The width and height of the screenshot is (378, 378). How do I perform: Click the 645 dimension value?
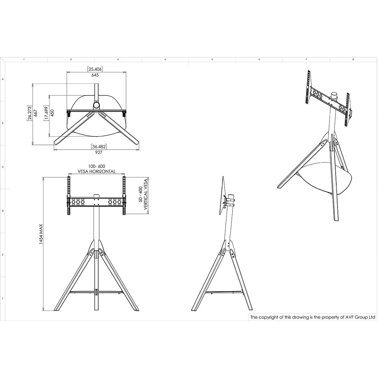pos(95,75)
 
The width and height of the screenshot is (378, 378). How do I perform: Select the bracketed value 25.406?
pos(95,69)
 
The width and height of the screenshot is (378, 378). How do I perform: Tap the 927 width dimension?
pos(99,152)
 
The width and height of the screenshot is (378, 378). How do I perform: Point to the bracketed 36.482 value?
pos(99,146)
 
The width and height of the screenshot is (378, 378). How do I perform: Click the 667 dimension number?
pos(36,113)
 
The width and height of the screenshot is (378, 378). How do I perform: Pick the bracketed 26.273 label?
pos(29,113)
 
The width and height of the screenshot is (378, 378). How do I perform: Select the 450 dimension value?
pos(52,113)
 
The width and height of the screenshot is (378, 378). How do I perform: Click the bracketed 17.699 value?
pos(46,113)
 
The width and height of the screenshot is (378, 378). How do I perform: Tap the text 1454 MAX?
pos(41,234)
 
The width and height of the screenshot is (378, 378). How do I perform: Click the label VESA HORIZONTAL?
pos(96,171)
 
